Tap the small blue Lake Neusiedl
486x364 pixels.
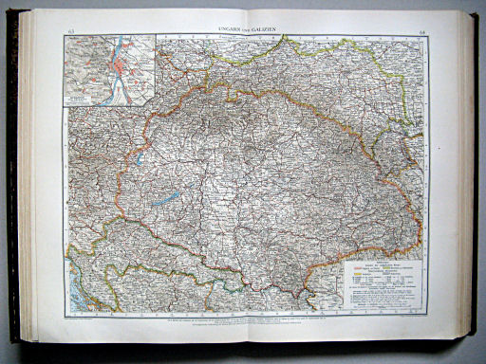(139, 159)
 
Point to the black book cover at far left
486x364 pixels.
(12, 180)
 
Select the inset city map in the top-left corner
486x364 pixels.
(109, 71)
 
